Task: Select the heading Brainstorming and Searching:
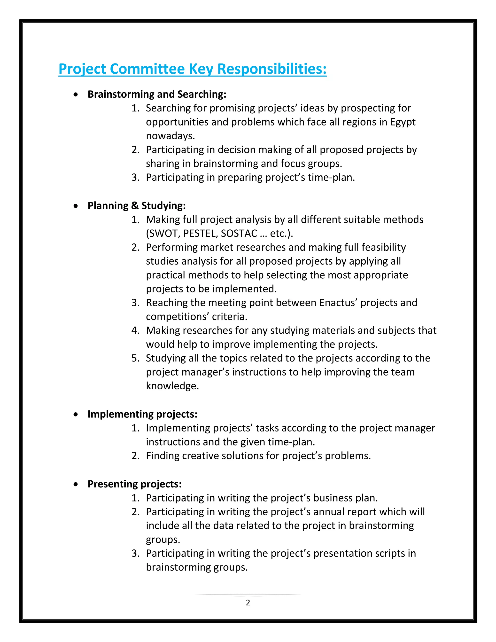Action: [x=157, y=94]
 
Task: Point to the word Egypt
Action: [x=403, y=122]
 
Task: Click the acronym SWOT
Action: [x=163, y=233]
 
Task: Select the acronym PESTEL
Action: [x=200, y=233]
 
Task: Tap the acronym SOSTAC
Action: [x=239, y=233]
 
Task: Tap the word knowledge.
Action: [x=172, y=386]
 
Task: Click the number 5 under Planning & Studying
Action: [x=135, y=358]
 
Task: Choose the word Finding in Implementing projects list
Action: [x=163, y=456]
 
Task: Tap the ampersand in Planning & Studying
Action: [x=135, y=206]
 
